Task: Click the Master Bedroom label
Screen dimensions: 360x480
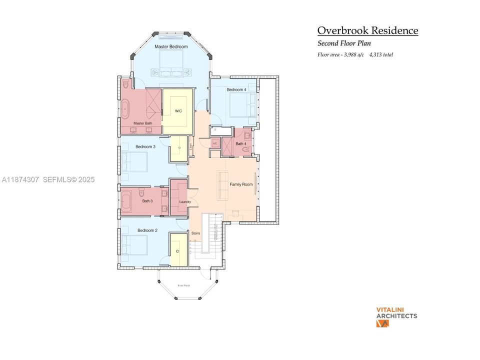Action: (x=171, y=46)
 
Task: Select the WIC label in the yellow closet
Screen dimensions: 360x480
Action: (x=177, y=111)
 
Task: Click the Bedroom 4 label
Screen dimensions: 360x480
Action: (x=236, y=89)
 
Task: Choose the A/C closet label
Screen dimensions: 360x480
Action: (x=215, y=143)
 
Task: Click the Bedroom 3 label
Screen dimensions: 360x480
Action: (x=145, y=146)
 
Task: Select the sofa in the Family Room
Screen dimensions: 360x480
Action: (x=222, y=185)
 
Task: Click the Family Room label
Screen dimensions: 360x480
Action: (x=241, y=184)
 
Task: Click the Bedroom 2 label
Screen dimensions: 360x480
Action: (x=147, y=230)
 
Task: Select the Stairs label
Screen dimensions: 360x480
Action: (x=196, y=233)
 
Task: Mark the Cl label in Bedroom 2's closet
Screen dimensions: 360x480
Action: (x=177, y=251)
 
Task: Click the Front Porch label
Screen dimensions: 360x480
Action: (x=183, y=285)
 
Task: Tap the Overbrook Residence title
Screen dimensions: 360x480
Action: (x=367, y=30)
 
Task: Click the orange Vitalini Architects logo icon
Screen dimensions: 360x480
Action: (x=382, y=323)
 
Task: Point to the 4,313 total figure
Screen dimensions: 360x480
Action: (x=381, y=54)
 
